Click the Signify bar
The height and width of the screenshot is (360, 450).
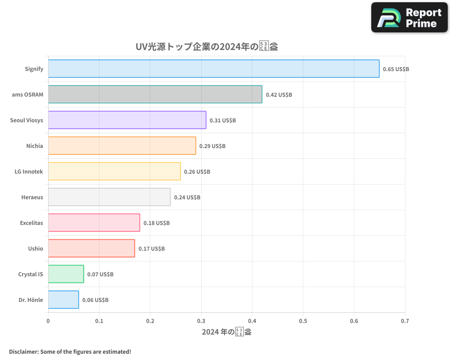(x=214, y=69)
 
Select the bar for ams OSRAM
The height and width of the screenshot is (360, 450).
(x=155, y=94)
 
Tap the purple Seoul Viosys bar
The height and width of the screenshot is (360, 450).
(x=127, y=120)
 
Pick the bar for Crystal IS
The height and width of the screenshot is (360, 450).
(x=66, y=274)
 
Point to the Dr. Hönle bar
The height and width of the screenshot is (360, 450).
(x=63, y=300)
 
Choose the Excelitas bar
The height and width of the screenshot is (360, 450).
(x=94, y=223)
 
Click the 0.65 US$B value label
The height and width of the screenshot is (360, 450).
(x=396, y=69)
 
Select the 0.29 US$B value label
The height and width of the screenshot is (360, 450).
(x=212, y=146)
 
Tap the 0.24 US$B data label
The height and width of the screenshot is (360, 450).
(x=187, y=198)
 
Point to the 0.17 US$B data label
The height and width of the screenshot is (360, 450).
(x=152, y=249)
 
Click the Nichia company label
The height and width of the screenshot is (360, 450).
(x=35, y=146)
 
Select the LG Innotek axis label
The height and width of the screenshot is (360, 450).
(x=29, y=171)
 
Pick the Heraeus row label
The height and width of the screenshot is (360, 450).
(x=32, y=197)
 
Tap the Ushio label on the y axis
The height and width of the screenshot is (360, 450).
(x=36, y=248)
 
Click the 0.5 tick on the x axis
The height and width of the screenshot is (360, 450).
(x=303, y=321)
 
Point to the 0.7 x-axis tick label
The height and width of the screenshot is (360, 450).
(x=405, y=321)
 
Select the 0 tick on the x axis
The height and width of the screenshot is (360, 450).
(x=48, y=321)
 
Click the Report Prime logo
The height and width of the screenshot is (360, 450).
(x=409, y=18)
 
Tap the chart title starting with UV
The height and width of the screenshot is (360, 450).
(x=207, y=47)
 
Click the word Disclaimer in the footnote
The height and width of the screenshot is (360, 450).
(x=23, y=351)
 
